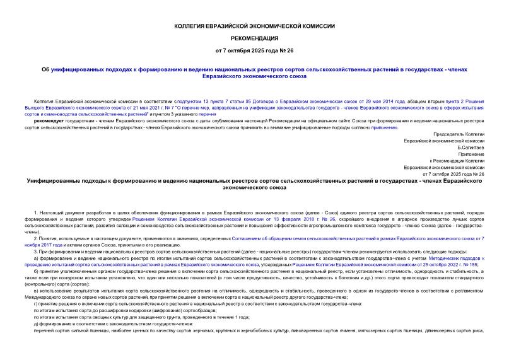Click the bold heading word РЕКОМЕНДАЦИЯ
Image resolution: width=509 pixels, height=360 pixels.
point(254,37)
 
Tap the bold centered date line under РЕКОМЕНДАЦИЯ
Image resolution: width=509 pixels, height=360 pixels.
point(254,49)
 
